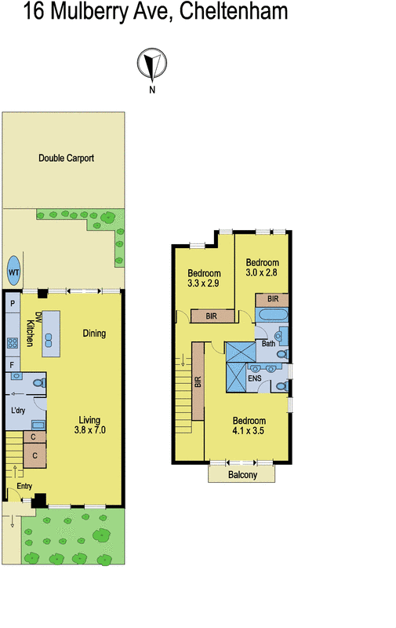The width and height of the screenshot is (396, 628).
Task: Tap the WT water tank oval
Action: click(13, 272)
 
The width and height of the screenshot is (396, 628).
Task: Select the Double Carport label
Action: click(67, 158)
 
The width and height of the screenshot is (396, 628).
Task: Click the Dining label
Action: click(94, 334)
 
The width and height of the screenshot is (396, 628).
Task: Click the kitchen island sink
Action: click(49, 339)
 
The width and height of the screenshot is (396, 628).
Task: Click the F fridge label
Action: click(13, 365)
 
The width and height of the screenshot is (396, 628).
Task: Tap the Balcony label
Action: click(242, 475)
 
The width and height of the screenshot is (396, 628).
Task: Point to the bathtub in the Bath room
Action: click(274, 316)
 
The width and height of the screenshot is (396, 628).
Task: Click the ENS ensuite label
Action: click(254, 378)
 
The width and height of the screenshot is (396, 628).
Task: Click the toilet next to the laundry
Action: click(39, 383)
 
